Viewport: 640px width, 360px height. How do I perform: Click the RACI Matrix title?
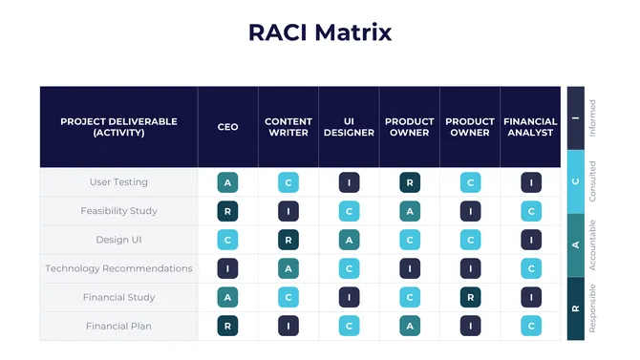(x=320, y=32)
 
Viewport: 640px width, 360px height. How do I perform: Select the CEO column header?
(x=227, y=127)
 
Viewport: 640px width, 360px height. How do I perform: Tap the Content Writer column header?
(x=288, y=127)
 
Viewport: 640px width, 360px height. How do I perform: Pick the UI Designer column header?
(x=349, y=127)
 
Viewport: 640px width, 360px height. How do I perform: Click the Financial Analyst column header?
(x=530, y=127)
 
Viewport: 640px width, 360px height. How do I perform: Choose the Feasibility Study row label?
(x=118, y=211)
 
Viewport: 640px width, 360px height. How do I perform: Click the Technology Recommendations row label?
(x=118, y=268)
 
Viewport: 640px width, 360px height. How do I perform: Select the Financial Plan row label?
(x=118, y=327)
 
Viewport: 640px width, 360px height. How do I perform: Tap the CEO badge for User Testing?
(x=227, y=182)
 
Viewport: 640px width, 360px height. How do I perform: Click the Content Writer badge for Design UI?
(x=288, y=240)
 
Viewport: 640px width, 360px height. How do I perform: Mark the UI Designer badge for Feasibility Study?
(x=349, y=211)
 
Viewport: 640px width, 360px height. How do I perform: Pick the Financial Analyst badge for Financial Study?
(x=530, y=297)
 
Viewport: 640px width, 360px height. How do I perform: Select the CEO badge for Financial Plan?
(x=227, y=327)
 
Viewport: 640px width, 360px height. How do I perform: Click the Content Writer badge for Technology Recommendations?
(x=288, y=268)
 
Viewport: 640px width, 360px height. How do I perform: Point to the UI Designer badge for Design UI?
(x=349, y=240)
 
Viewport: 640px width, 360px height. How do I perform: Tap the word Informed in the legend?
(x=592, y=118)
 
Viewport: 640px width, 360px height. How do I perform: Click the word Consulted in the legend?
(x=592, y=181)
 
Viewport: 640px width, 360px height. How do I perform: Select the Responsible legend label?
(x=592, y=307)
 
